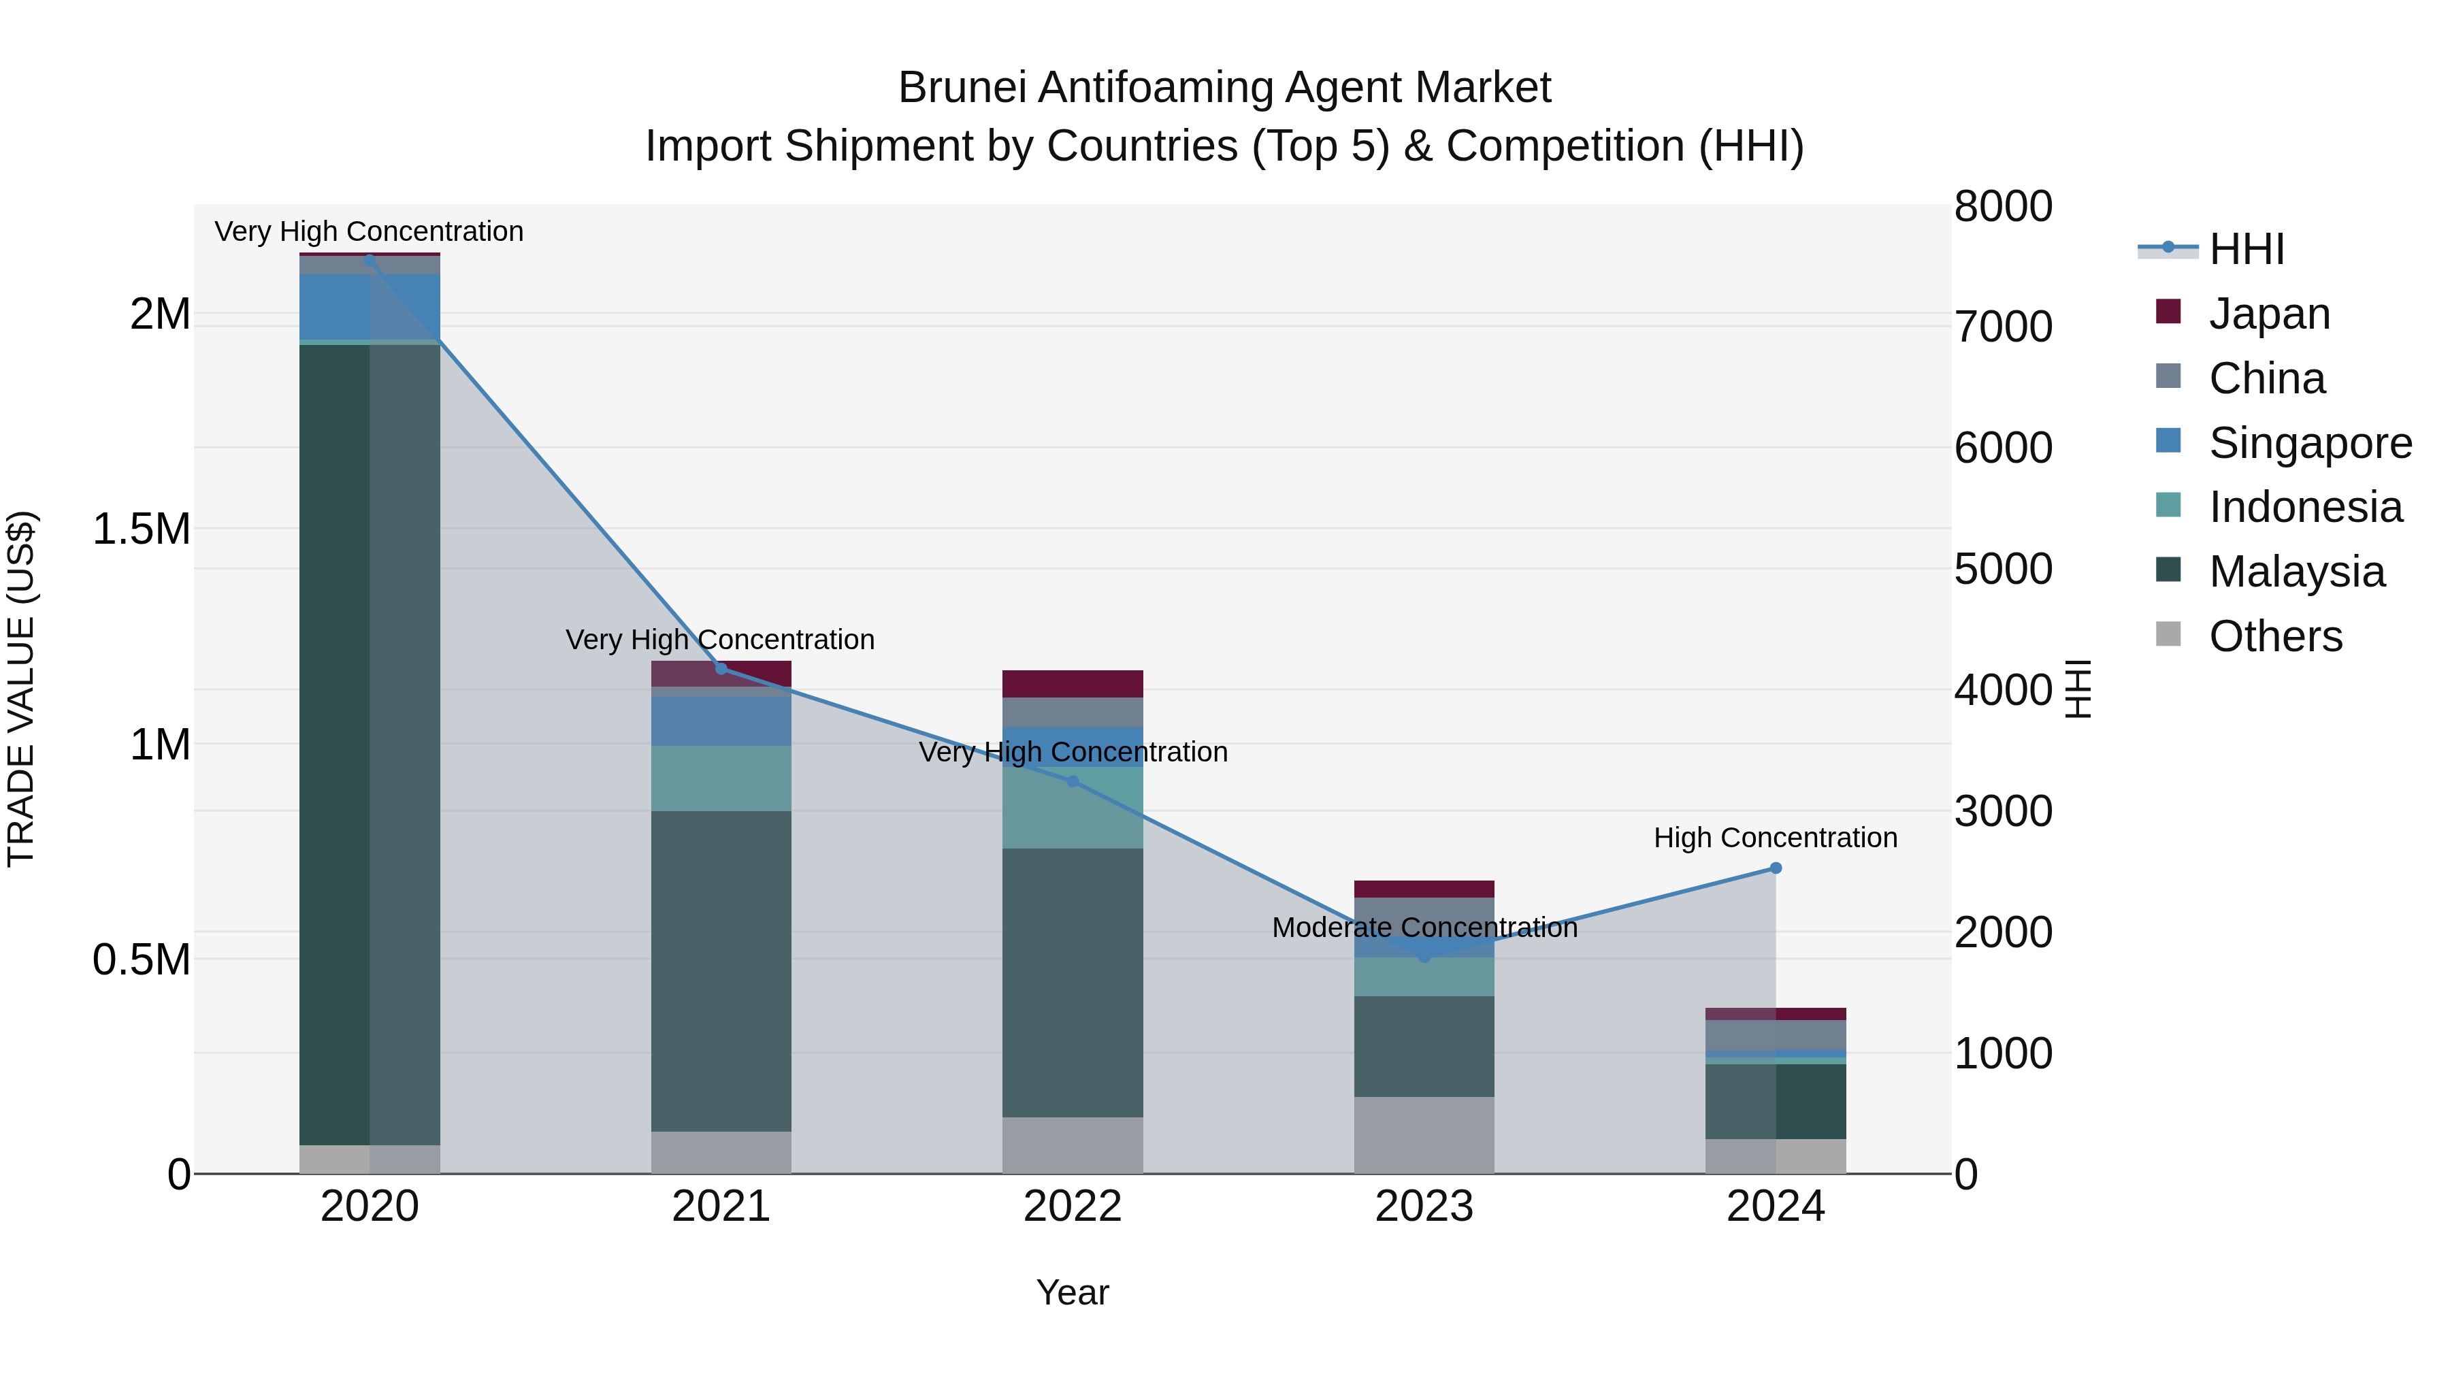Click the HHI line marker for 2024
(1775, 868)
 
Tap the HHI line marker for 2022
(1072, 781)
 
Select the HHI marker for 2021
(721, 668)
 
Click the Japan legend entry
(2268, 313)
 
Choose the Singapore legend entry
(2309, 442)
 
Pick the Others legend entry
(2275, 636)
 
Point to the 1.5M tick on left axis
(141, 529)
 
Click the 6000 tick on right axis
(2003, 447)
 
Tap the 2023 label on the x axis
(1424, 1206)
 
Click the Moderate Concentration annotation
(1424, 928)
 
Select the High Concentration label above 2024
(1775, 837)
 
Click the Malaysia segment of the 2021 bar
(721, 970)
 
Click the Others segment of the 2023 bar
(1424, 1134)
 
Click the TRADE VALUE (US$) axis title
(21, 689)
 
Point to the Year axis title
(1072, 1292)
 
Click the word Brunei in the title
(962, 88)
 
